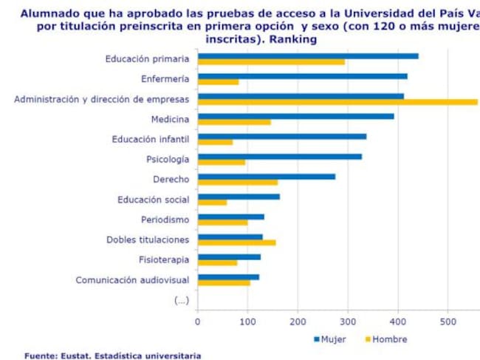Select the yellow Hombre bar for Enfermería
219,82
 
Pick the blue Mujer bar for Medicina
295,116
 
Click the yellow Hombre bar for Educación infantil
216,142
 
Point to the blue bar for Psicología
280,156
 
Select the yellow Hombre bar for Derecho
238,182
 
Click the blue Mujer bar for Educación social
239,197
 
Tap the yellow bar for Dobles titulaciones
236,242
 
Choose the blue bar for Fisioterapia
229,257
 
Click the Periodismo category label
165,220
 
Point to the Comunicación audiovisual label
132,280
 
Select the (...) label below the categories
181,300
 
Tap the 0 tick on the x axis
198,322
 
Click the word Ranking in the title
293,39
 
